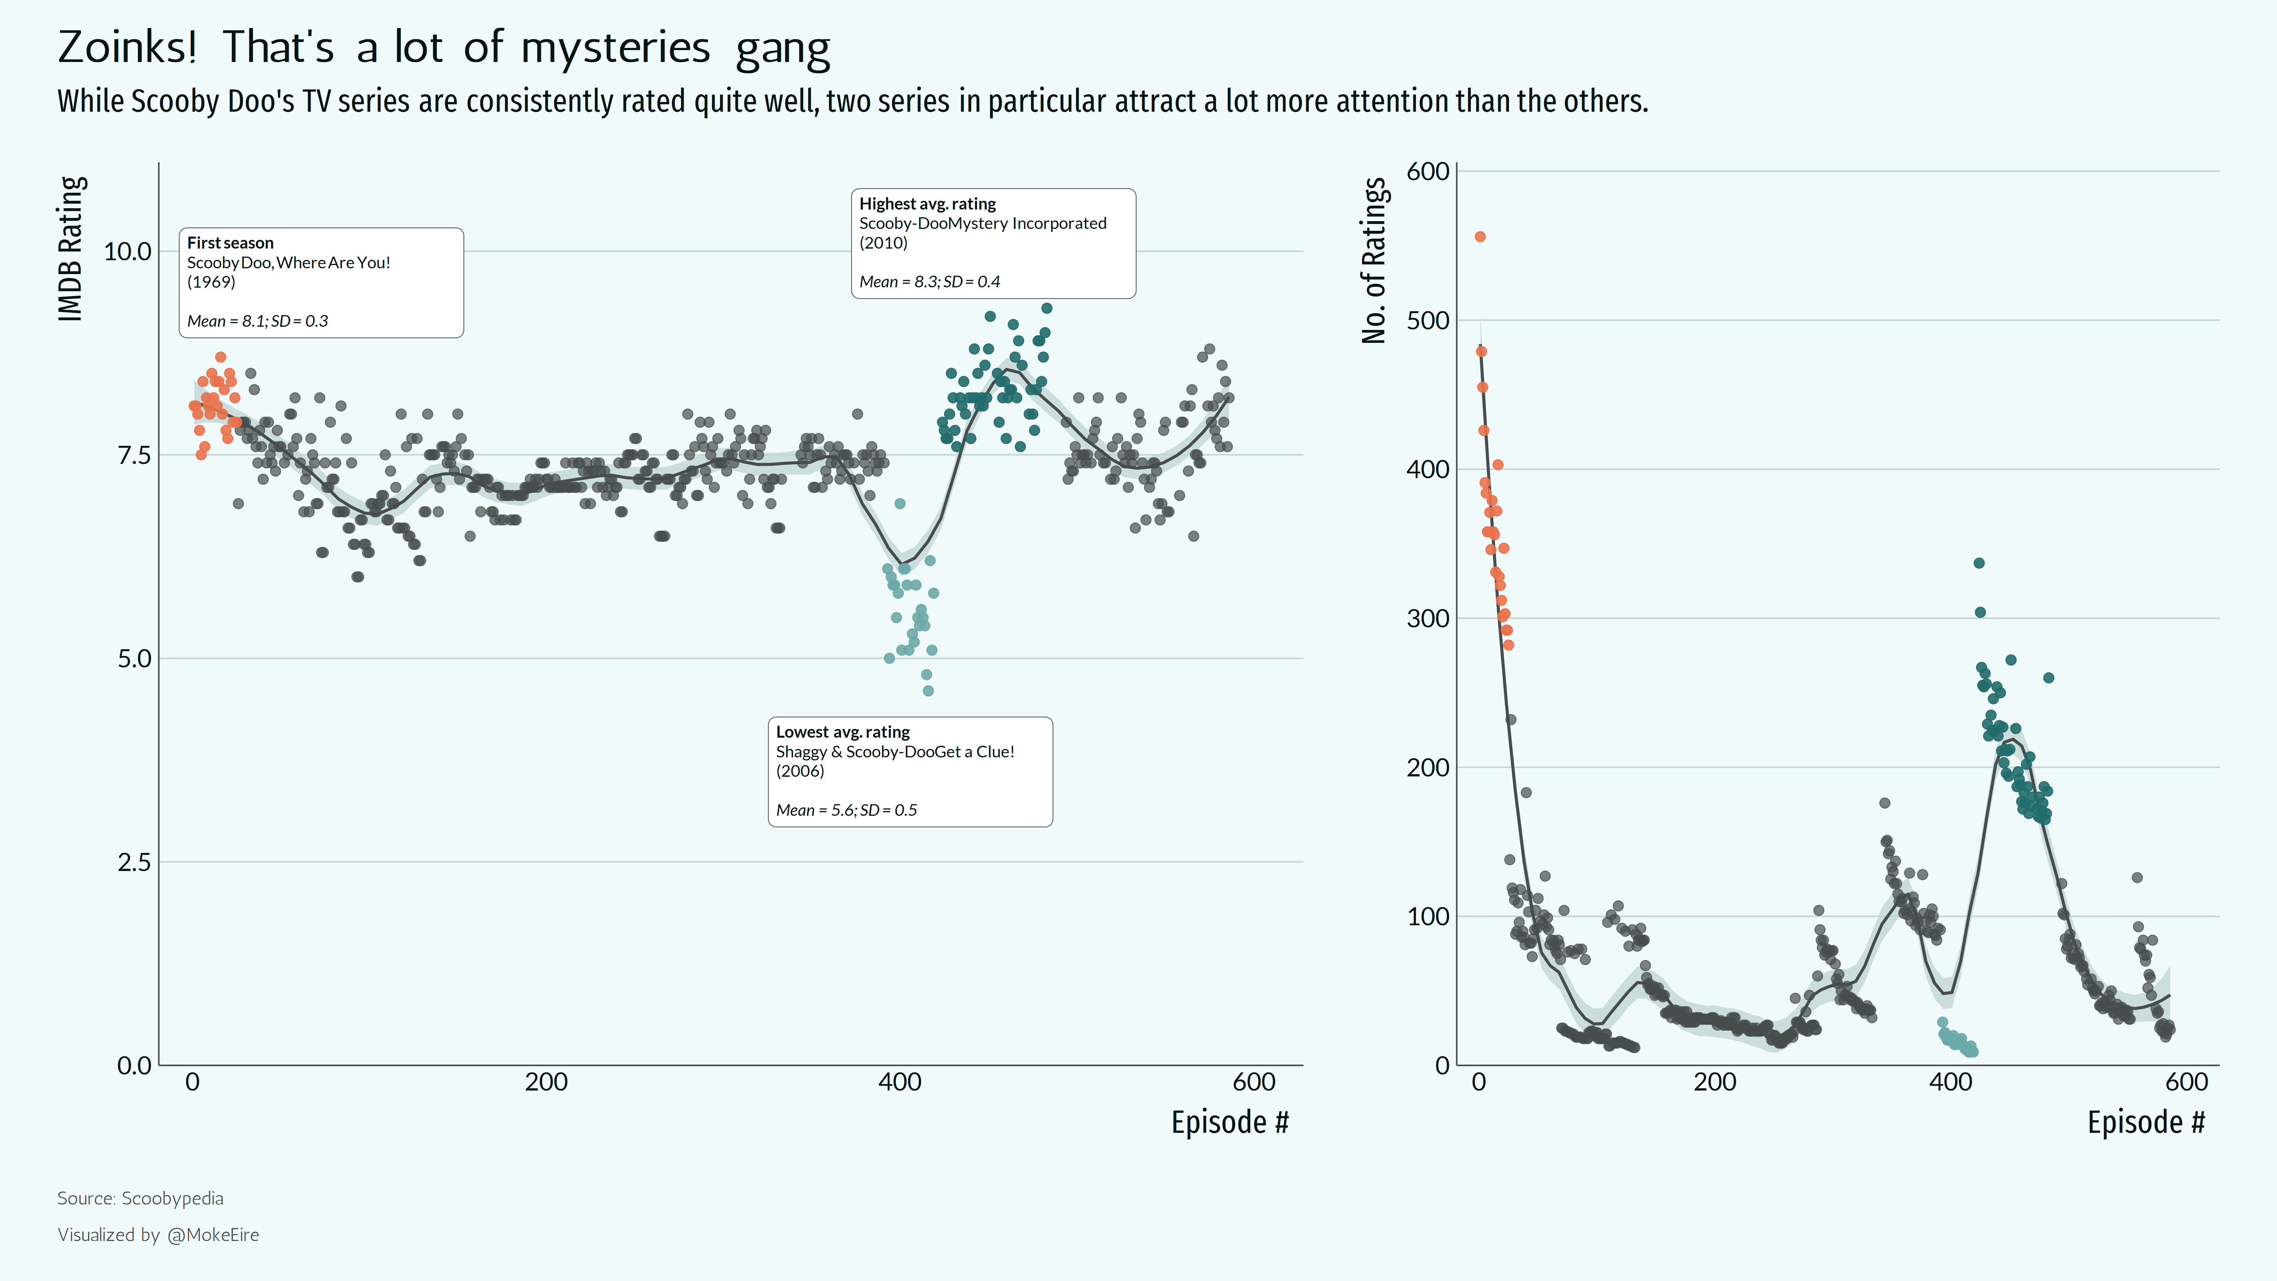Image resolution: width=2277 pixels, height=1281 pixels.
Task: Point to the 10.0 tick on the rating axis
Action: [x=128, y=252]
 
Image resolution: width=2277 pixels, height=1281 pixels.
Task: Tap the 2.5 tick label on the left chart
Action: [x=134, y=862]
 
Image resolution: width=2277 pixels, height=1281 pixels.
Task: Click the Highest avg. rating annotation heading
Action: [x=927, y=203]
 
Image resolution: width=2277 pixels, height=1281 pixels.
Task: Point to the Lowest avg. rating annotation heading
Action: [x=842, y=732]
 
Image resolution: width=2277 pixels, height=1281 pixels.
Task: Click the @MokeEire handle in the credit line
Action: [x=213, y=1235]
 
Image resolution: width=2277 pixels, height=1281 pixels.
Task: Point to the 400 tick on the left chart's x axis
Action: [x=900, y=1082]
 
